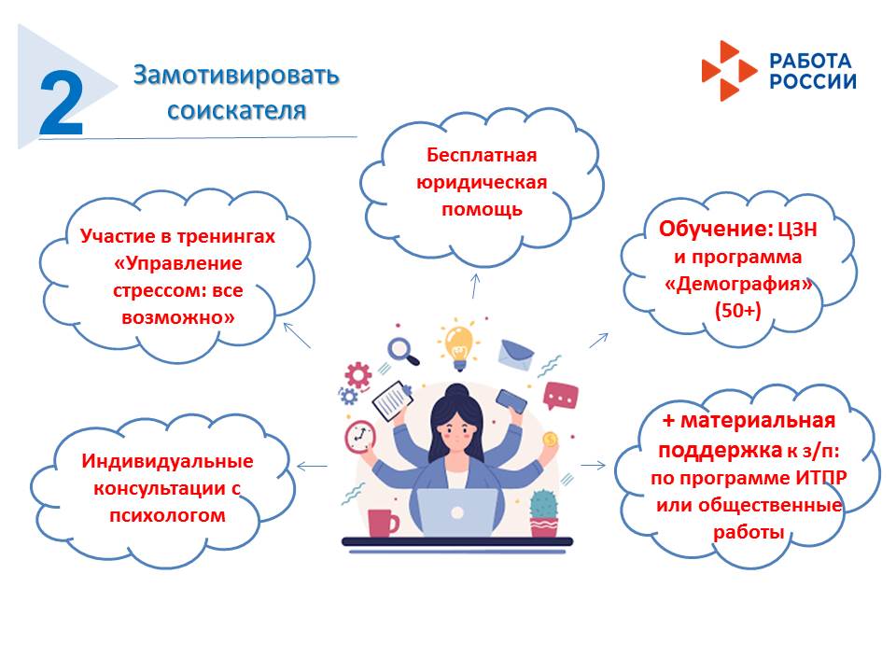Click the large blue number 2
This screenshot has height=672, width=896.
(x=62, y=103)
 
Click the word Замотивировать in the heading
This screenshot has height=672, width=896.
(x=236, y=76)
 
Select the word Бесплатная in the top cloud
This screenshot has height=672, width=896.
(x=482, y=155)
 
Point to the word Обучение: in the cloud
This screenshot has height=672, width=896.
(x=716, y=229)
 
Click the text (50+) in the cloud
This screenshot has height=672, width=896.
(x=737, y=310)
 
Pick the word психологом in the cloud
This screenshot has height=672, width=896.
(x=167, y=515)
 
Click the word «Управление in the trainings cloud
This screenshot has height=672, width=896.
(x=177, y=263)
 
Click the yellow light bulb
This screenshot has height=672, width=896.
(x=459, y=344)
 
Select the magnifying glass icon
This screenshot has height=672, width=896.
(x=403, y=351)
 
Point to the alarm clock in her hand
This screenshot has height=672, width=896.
(x=360, y=438)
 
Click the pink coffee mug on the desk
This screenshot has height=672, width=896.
(x=383, y=523)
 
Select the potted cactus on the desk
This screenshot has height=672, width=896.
(x=544, y=513)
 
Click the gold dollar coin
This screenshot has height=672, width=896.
(x=551, y=439)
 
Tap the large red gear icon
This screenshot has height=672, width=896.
(x=358, y=375)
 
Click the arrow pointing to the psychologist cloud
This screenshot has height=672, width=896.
(x=312, y=467)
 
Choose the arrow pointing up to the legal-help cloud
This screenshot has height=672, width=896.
(x=475, y=286)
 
